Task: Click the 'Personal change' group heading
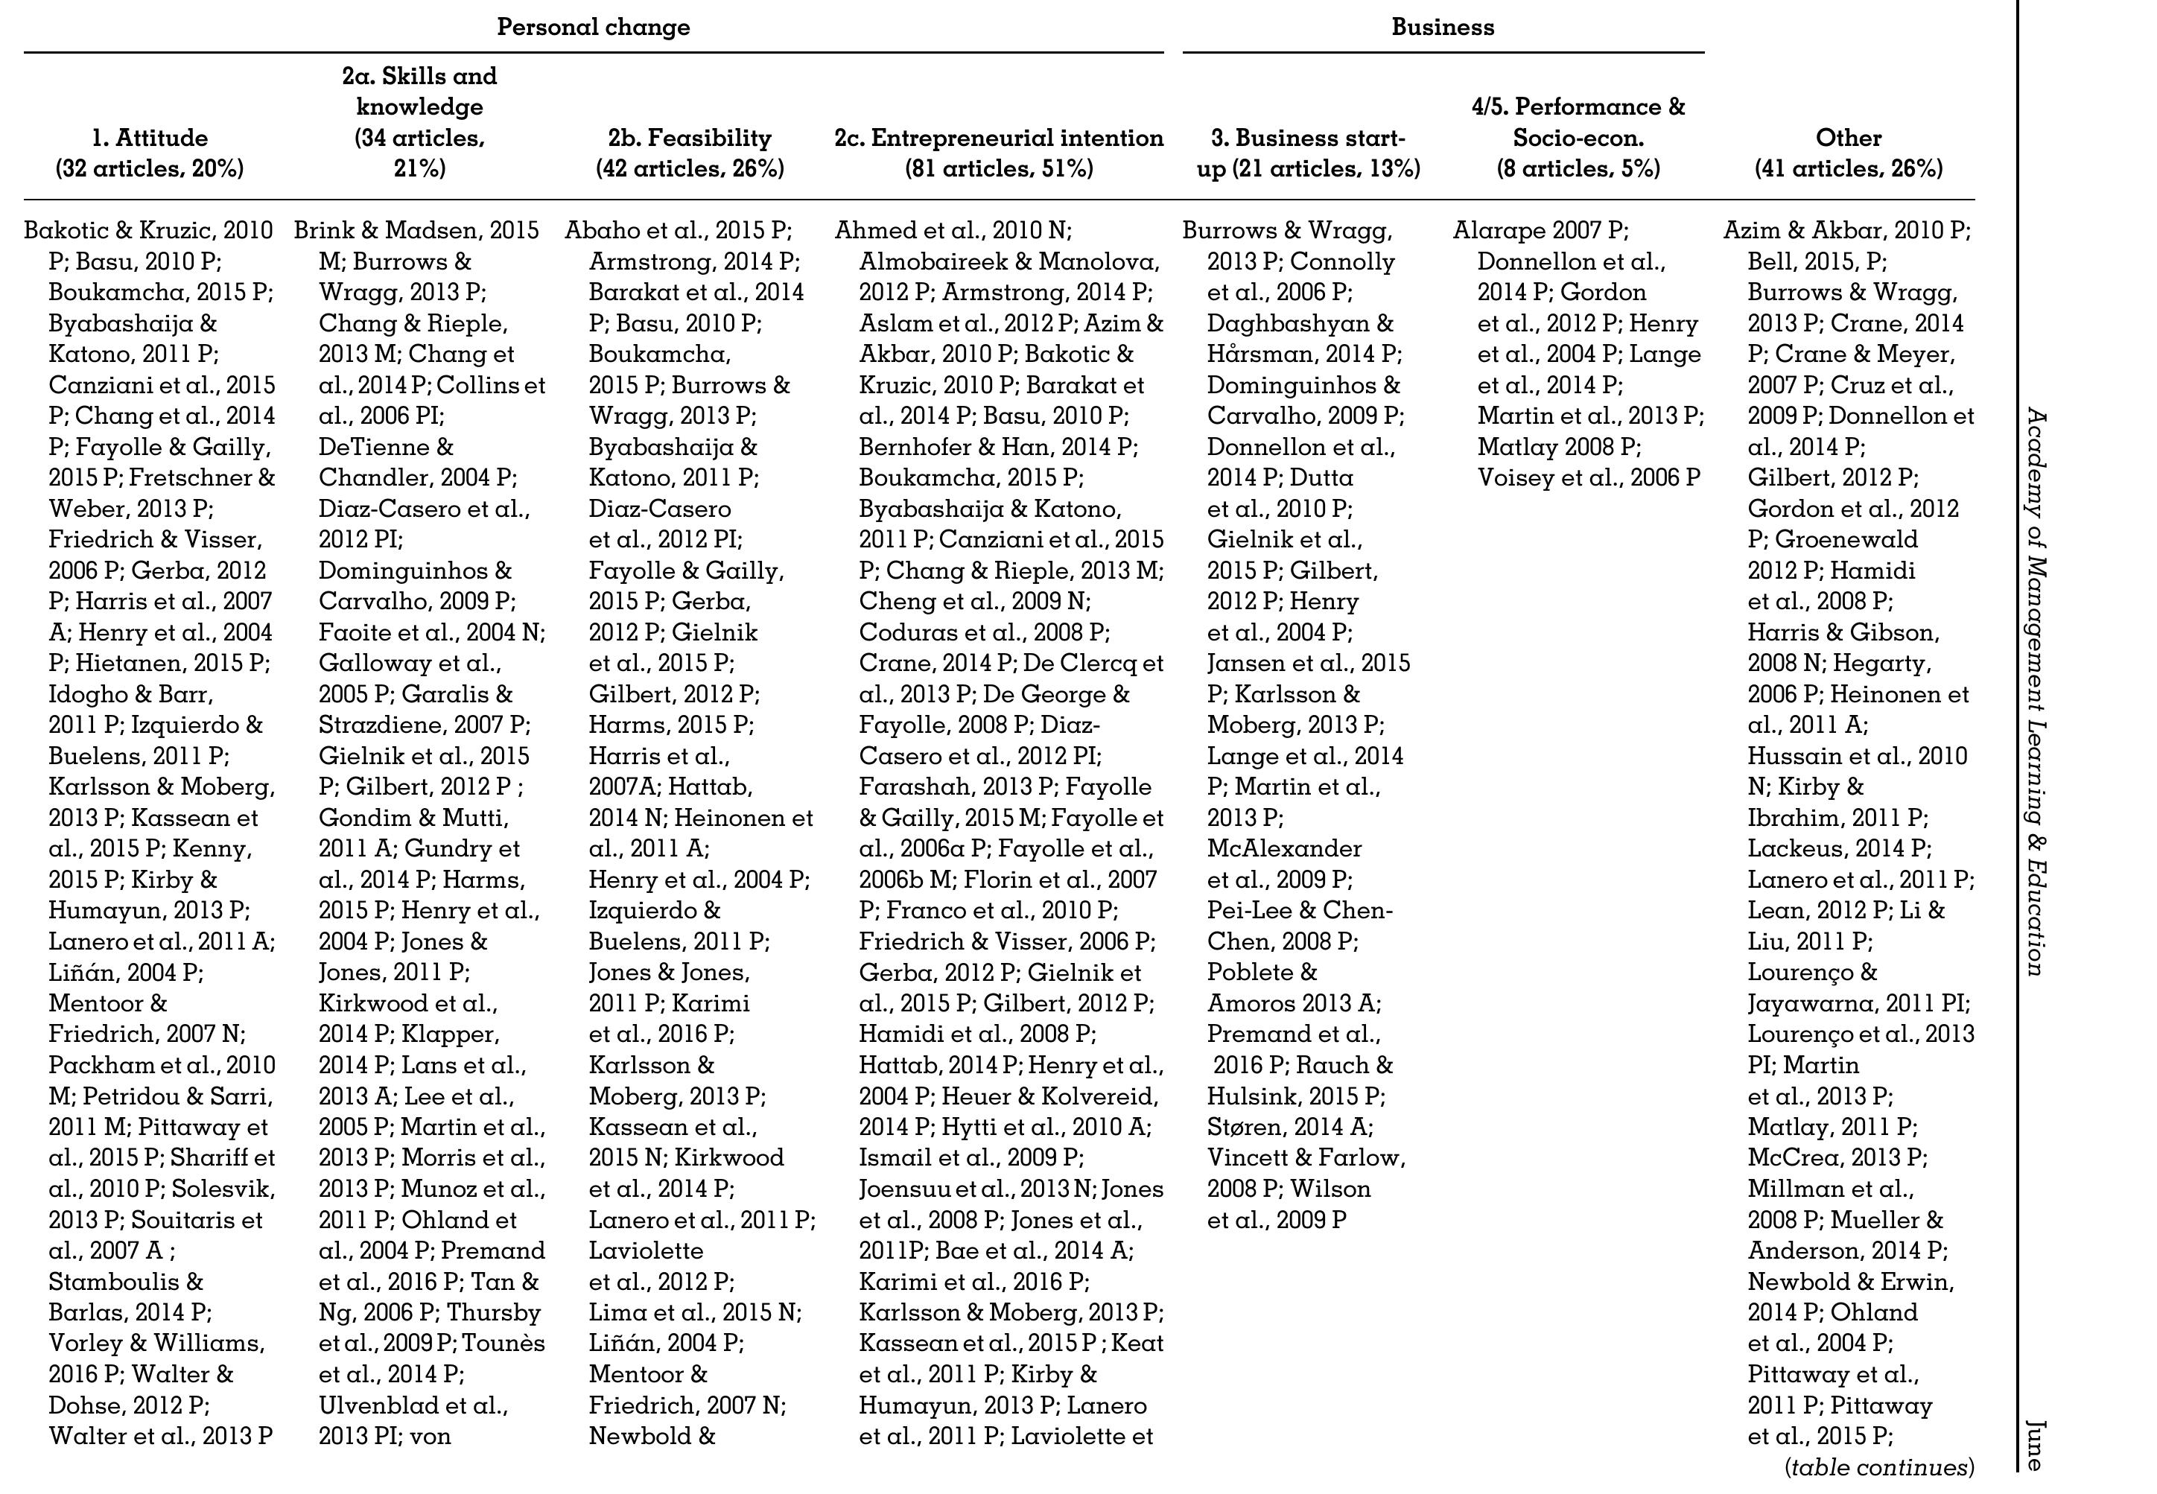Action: [x=593, y=27]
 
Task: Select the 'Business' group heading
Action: [x=1442, y=27]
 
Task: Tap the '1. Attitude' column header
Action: [x=150, y=138]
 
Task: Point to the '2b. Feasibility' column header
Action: [x=690, y=138]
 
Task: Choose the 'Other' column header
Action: [x=1848, y=138]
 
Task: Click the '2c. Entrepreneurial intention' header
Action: [x=999, y=138]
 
